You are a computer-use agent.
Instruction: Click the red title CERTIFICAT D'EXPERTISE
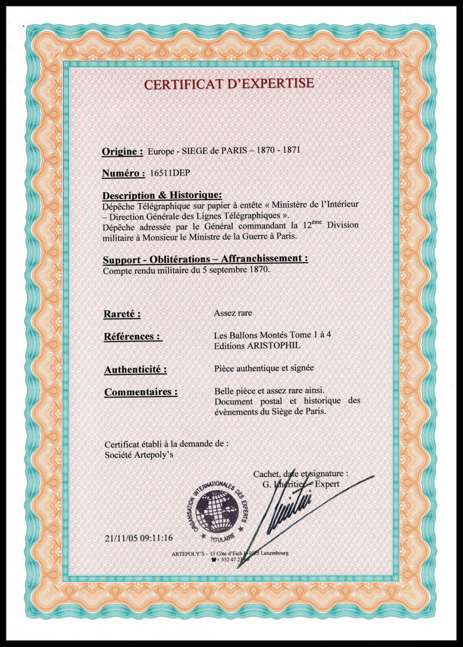click(229, 84)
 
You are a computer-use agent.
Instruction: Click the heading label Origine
click(122, 152)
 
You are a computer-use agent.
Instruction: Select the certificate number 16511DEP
click(170, 173)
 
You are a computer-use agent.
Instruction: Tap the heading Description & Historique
click(161, 196)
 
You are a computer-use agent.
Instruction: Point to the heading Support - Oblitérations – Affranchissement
click(205, 259)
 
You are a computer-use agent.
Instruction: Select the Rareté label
click(122, 314)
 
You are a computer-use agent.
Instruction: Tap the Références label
click(132, 336)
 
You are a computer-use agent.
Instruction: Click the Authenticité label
click(135, 369)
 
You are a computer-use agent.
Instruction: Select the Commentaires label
click(141, 392)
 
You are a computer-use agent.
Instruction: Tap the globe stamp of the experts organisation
click(218, 509)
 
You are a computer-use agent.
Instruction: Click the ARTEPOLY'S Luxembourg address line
click(230, 553)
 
